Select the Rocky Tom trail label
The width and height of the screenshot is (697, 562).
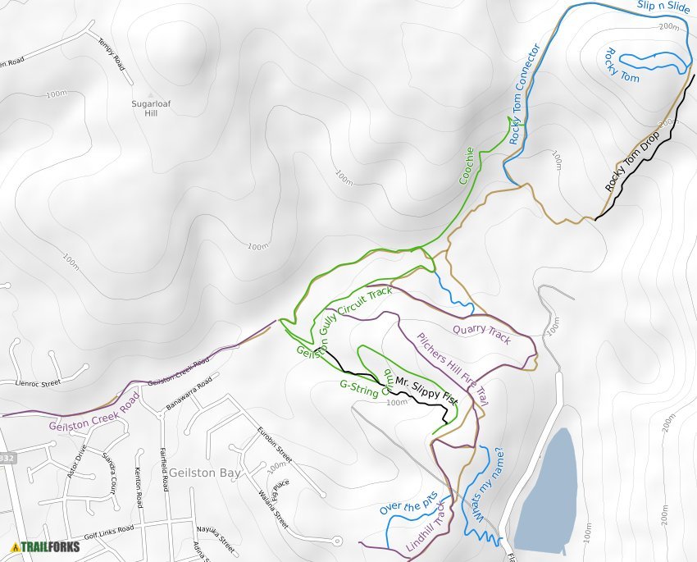click(x=620, y=65)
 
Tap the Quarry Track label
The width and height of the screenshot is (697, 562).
click(x=481, y=334)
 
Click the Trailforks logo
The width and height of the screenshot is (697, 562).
click(x=46, y=546)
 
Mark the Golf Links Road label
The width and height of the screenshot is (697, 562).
click(x=109, y=532)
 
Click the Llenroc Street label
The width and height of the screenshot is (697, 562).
click(x=39, y=382)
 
